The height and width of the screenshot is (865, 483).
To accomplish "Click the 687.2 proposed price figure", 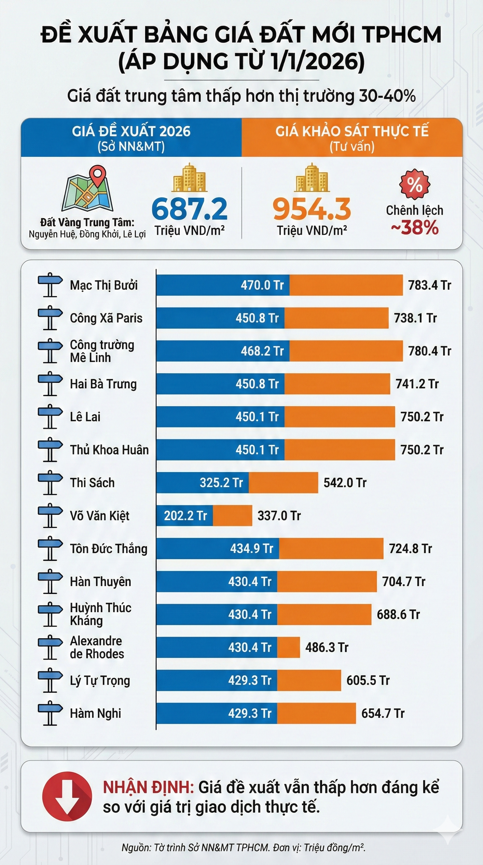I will pyautogui.click(x=189, y=209).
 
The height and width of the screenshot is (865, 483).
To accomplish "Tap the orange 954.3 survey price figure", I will pyautogui.click(x=312, y=209).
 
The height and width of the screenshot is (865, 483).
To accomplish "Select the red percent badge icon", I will pyautogui.click(x=414, y=184).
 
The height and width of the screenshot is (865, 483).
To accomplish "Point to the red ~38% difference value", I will pyautogui.click(x=415, y=228).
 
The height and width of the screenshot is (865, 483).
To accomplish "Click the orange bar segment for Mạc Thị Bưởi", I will pyautogui.click(x=346, y=285).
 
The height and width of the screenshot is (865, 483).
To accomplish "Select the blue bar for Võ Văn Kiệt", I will pyautogui.click(x=184, y=515).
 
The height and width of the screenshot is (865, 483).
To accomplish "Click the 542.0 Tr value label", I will pyautogui.click(x=345, y=482).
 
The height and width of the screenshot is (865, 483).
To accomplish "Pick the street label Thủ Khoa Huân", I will pyautogui.click(x=109, y=449).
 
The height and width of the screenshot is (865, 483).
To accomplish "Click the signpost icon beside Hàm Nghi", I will pyautogui.click(x=50, y=713).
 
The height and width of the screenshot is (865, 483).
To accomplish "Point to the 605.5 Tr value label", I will pyautogui.click(x=368, y=680).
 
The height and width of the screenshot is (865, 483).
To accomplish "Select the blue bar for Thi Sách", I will pyautogui.click(x=203, y=482).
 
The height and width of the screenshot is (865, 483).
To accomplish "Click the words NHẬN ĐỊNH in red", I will pyautogui.click(x=148, y=787).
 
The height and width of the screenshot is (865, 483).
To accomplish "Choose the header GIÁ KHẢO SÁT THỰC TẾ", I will pyautogui.click(x=352, y=131).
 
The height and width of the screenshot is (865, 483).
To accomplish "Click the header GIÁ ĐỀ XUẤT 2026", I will pyautogui.click(x=131, y=131).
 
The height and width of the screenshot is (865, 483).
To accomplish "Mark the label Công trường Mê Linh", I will pyautogui.click(x=102, y=351).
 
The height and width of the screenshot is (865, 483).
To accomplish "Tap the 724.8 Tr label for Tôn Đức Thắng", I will pyautogui.click(x=410, y=548).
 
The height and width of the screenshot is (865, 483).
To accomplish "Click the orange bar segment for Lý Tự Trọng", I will pyautogui.click(x=309, y=680).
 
